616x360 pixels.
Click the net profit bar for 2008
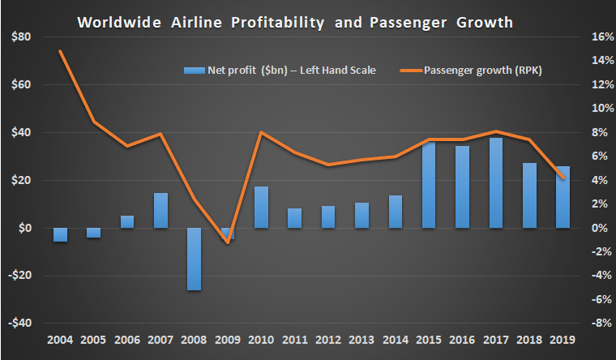(x=195, y=259)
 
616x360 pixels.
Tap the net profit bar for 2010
(x=261, y=208)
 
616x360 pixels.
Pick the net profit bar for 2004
(x=61, y=234)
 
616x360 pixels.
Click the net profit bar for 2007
(x=161, y=210)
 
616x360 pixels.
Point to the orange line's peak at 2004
(x=61, y=51)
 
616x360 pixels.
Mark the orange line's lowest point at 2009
(x=229, y=242)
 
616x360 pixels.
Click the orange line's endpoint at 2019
(x=563, y=178)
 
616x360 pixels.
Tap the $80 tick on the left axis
(x=21, y=36)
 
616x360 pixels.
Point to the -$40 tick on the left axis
(x=19, y=323)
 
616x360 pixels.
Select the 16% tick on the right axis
(x=601, y=36)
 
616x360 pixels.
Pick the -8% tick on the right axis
(x=601, y=323)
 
